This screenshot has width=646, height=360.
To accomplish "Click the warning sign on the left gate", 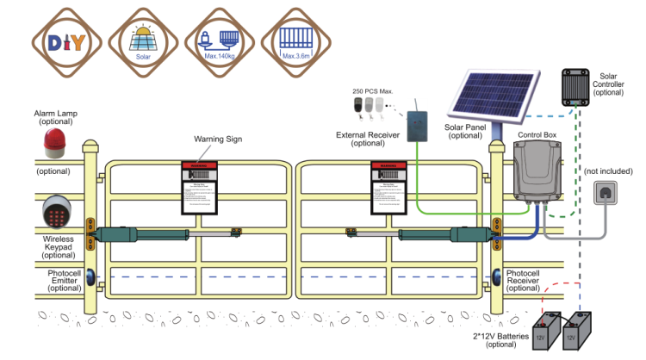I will click(x=200, y=189).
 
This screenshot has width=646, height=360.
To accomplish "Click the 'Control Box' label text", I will click(x=537, y=135).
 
